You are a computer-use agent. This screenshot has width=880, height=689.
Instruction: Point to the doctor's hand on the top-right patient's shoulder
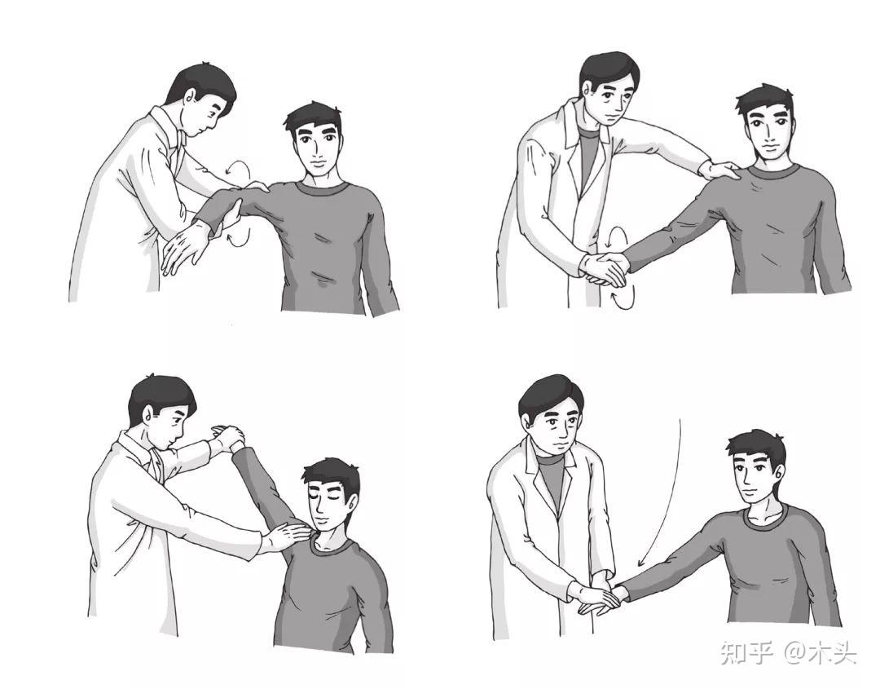[x=720, y=170]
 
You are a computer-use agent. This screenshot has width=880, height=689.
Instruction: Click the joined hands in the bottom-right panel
[x=599, y=598]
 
